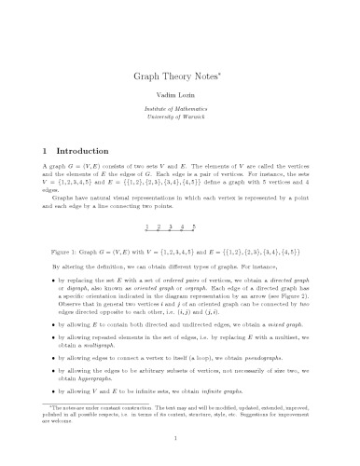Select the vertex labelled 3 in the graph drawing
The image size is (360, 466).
pyautogui.click(x=170, y=226)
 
